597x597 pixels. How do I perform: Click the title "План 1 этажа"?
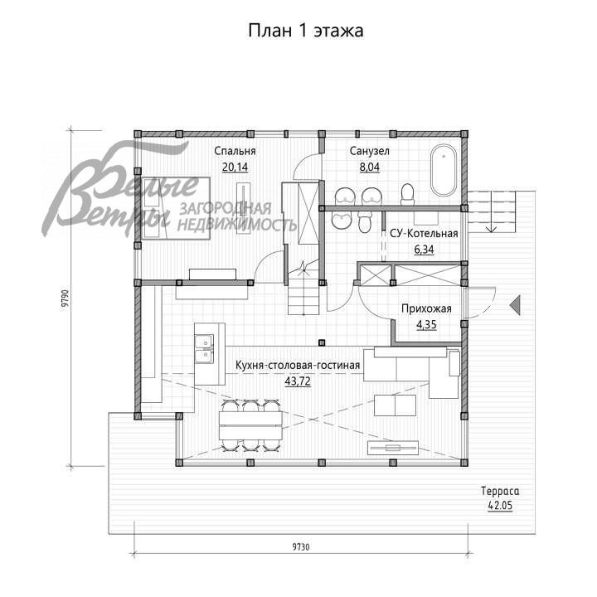(306, 31)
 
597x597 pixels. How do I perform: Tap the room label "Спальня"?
(235, 151)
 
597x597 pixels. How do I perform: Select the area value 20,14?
(235, 167)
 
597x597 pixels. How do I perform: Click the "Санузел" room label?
(369, 151)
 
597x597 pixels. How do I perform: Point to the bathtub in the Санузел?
(443, 170)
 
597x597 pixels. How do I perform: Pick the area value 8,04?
(369, 167)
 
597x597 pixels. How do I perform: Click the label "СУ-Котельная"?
(424, 233)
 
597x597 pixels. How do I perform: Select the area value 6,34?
(424, 250)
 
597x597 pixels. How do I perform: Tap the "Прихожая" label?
(426, 308)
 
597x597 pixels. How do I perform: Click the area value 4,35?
(426, 325)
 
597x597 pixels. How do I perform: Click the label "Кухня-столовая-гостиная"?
(298, 365)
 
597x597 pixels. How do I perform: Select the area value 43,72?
(298, 381)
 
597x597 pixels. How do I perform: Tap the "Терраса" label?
(500, 491)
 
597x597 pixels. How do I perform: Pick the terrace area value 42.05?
(500, 506)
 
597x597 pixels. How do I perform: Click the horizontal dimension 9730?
(301, 547)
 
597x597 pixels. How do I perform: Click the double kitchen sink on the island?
(205, 349)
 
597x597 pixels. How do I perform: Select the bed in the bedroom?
(175, 208)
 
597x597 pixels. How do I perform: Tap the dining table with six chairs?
(250, 425)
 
